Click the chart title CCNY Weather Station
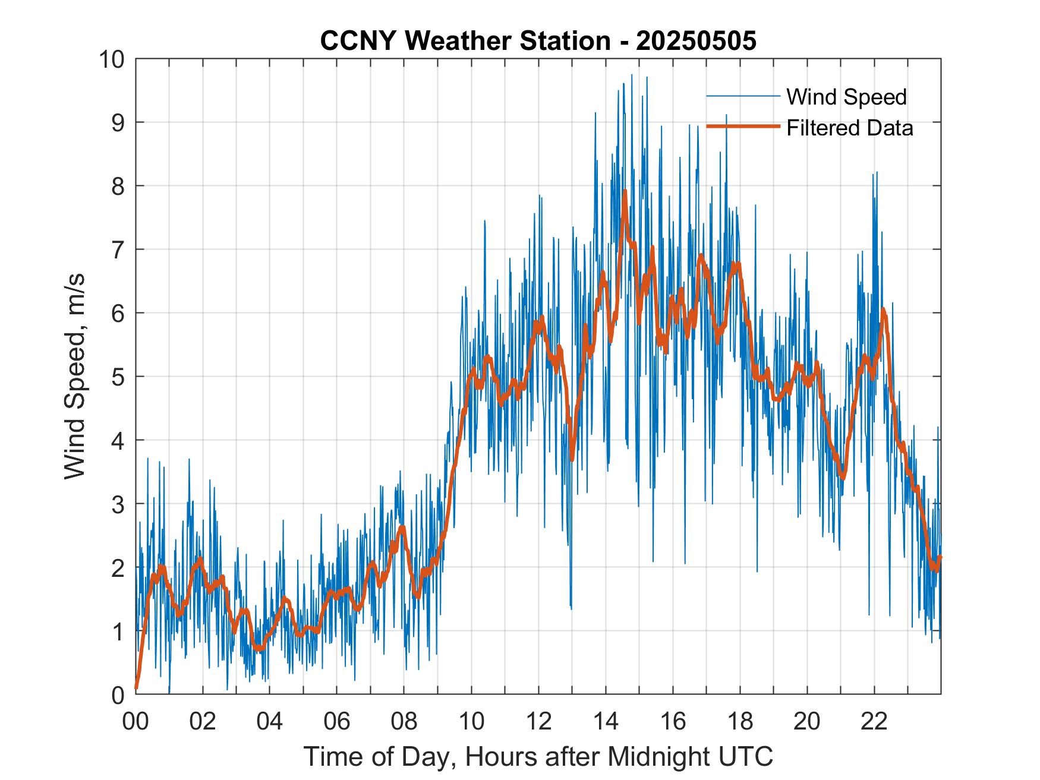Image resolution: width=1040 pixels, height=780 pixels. point(465,41)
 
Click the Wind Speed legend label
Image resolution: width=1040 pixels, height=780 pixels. point(846,97)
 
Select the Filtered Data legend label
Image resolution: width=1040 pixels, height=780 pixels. point(849,128)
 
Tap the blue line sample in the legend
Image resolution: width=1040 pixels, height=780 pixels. point(742,96)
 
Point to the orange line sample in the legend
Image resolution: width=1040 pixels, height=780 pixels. point(742,127)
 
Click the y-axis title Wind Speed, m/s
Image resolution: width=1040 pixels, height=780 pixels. point(75,376)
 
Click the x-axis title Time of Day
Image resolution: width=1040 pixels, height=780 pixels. point(538,756)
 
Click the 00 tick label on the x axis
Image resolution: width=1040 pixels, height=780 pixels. point(136,721)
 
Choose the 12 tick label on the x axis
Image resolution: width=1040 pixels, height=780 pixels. point(539,721)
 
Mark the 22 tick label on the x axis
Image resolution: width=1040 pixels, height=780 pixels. point(874,721)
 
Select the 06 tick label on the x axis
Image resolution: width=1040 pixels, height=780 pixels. point(338,721)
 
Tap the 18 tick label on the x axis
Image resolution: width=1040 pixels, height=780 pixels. point(740,721)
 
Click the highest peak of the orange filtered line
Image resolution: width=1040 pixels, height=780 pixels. point(625,191)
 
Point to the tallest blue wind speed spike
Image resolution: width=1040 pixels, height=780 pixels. point(632,75)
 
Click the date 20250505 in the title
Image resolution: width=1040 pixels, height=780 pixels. point(696,41)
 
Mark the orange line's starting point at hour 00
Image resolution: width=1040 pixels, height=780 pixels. point(137,688)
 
